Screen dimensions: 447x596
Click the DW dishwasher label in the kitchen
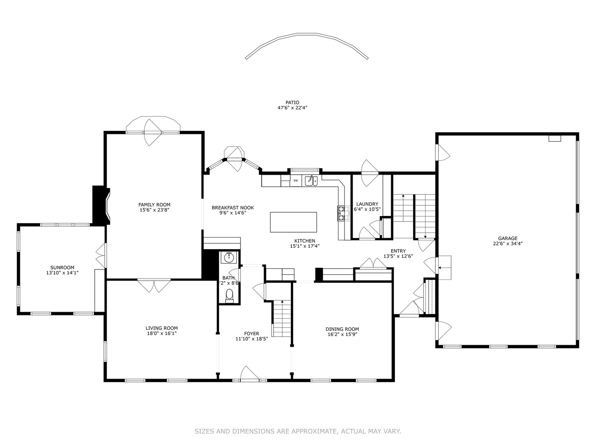pyautogui.click(x=296, y=180)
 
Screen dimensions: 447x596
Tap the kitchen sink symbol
pyautogui.click(x=311, y=180)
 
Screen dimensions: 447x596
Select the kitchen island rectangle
pyautogui.click(x=293, y=222)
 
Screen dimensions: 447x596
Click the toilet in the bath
pyautogui.click(x=229, y=295)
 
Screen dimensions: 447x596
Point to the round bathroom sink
pyautogui.click(x=228, y=258)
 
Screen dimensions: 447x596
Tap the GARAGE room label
pyautogui.click(x=507, y=238)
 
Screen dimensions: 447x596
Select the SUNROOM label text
pyautogui.click(x=62, y=267)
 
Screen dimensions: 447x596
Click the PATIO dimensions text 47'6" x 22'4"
pyautogui.click(x=292, y=108)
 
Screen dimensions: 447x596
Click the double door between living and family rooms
pyautogui.click(x=154, y=286)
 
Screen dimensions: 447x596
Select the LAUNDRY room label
pyautogui.click(x=367, y=204)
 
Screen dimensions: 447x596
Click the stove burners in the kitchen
pyautogui.click(x=341, y=213)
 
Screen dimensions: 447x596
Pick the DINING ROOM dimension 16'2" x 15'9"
pyautogui.click(x=342, y=334)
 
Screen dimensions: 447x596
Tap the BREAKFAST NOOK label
pyautogui.click(x=233, y=208)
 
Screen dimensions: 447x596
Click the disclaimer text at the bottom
pyautogui.click(x=298, y=431)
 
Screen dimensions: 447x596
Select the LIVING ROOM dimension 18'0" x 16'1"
pyautogui.click(x=161, y=333)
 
